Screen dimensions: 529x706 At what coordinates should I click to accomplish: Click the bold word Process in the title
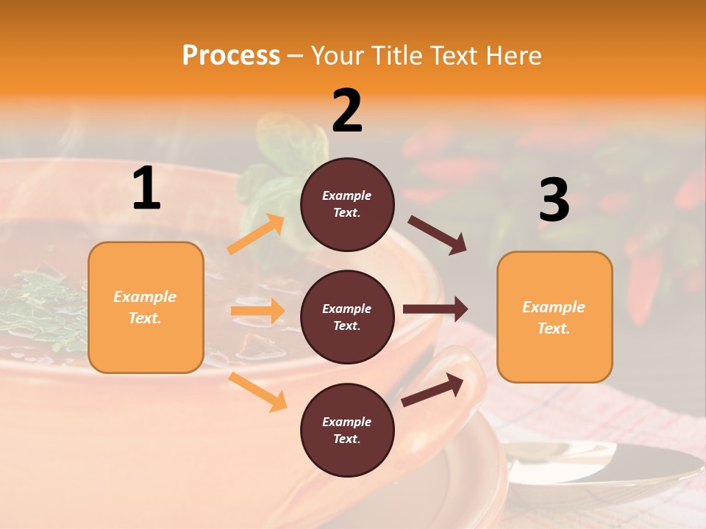(x=231, y=56)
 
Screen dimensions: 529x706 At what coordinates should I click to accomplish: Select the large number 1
(x=146, y=189)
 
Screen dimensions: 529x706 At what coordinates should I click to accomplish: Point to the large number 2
(x=347, y=111)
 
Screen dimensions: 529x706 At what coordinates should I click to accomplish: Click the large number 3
(x=554, y=201)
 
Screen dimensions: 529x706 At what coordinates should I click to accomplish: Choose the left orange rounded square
(x=146, y=307)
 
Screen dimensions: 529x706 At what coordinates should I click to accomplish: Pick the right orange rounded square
(x=555, y=317)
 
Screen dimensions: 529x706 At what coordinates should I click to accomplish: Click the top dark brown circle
(x=347, y=204)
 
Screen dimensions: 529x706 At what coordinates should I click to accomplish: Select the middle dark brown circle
(x=347, y=317)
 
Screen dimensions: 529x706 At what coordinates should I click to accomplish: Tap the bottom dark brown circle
(x=347, y=430)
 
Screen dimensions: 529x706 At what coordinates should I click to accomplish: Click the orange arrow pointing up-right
(x=256, y=234)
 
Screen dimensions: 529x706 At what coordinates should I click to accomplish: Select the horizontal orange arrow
(x=257, y=311)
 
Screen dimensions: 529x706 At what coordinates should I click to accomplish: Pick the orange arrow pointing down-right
(x=258, y=392)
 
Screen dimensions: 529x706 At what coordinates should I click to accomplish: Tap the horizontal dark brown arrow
(x=435, y=309)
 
